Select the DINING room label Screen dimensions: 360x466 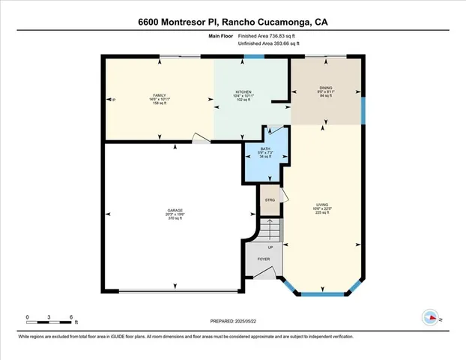tap(325, 88)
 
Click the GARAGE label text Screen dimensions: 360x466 tap(175, 209)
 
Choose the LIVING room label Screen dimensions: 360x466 tap(323, 204)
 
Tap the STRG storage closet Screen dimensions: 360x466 tap(270, 200)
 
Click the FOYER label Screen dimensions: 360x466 tap(264, 259)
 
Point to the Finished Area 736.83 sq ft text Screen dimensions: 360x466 tap(268, 35)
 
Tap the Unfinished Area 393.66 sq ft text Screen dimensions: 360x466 tap(268, 43)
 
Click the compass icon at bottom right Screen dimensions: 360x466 tap(431, 317)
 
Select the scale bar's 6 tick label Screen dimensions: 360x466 tap(70, 317)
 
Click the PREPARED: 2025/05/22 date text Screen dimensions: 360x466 tap(232, 321)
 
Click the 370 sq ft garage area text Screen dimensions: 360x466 tap(175, 218)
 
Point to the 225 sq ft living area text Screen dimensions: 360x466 tap(323, 213)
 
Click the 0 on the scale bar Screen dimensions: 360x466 tap(27, 317)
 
